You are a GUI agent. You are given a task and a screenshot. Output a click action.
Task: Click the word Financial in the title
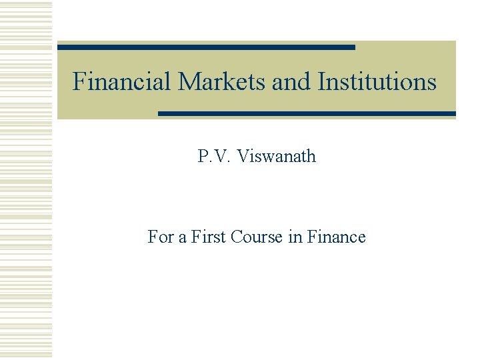[x=122, y=82]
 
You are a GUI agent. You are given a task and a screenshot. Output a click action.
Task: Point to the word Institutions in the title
[x=377, y=82]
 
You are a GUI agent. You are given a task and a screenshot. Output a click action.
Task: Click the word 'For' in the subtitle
[x=159, y=237]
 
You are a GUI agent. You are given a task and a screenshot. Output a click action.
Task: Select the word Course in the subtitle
[x=257, y=237]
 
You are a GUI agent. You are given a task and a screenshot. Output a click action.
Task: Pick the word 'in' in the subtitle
[x=295, y=237]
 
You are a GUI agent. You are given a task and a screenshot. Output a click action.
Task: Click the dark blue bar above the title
[x=206, y=47]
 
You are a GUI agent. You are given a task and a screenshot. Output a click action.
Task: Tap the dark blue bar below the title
[x=307, y=113]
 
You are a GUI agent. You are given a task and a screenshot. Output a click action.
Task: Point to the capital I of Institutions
[x=323, y=82]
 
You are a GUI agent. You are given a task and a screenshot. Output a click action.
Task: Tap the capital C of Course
[x=237, y=237]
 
